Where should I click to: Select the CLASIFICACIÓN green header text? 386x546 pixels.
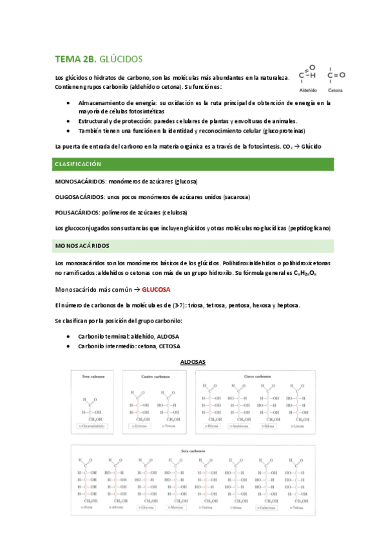click(x=79, y=164)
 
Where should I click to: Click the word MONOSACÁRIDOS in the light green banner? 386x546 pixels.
click(x=82, y=246)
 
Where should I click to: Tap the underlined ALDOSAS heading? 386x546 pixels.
click(x=193, y=362)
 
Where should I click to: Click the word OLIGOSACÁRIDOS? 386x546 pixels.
click(x=81, y=197)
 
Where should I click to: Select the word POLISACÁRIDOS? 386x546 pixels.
click(x=78, y=212)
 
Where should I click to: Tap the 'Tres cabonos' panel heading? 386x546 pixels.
click(x=94, y=376)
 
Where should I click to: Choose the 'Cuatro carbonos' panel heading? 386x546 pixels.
click(x=155, y=376)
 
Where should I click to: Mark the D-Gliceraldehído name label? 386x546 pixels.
click(x=94, y=426)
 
